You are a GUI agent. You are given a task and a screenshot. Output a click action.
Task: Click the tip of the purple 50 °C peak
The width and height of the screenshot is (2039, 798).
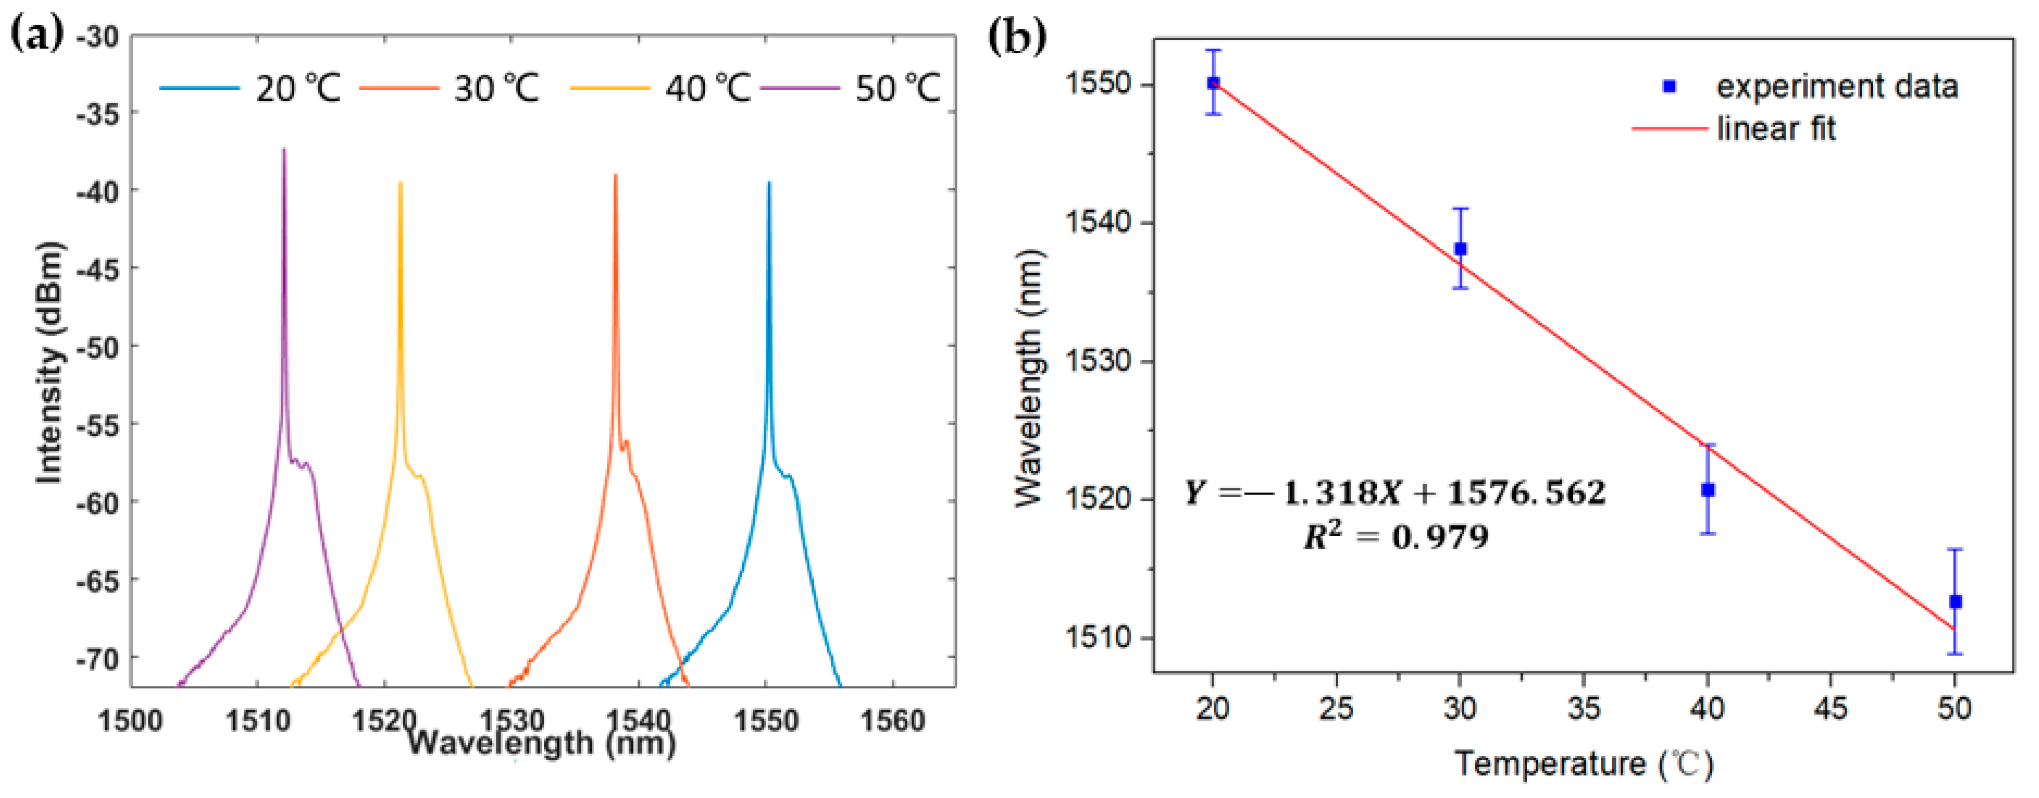284,150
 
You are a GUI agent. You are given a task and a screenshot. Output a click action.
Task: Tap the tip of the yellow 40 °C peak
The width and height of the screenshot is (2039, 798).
400,184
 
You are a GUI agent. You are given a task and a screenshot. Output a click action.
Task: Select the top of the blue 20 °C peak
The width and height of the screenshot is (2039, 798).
769,184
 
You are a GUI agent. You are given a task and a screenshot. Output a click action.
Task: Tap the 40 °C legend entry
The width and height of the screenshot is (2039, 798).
707,88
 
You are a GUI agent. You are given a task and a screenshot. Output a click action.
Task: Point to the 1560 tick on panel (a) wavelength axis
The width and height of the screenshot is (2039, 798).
892,720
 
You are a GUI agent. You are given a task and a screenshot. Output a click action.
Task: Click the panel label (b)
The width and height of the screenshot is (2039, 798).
1017,37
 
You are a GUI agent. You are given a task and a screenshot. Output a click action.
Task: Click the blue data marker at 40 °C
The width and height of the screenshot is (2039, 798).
1708,490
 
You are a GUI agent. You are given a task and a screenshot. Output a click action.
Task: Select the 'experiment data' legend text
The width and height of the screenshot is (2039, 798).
1836,86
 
